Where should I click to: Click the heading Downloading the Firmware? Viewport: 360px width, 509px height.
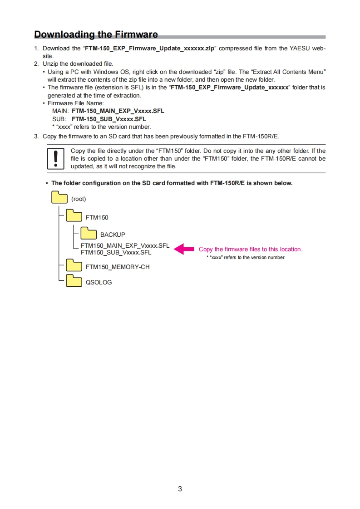(x=96, y=34)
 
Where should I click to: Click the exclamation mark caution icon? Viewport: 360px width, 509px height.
(x=56, y=159)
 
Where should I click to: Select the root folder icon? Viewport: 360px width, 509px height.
(x=59, y=198)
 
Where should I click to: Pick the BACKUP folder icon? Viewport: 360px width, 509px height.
(x=89, y=233)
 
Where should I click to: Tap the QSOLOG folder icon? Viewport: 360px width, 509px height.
(x=74, y=280)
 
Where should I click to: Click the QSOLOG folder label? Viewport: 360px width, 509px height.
(x=99, y=282)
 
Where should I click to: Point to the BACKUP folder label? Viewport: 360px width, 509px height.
(x=113, y=235)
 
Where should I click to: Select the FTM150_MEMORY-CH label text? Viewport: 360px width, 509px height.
(x=118, y=267)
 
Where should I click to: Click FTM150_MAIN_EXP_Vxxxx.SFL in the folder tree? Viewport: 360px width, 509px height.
(x=125, y=246)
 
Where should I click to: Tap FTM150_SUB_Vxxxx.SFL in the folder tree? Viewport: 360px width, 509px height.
(x=116, y=252)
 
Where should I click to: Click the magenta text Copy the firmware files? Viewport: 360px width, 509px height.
(x=250, y=249)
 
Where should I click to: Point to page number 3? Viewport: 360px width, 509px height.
(x=180, y=489)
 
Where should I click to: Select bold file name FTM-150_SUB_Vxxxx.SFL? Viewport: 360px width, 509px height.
(x=109, y=119)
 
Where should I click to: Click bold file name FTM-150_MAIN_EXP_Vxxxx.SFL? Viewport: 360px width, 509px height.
(x=118, y=111)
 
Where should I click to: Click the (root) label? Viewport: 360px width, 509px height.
(x=79, y=199)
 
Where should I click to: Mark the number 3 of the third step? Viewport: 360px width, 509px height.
(x=36, y=136)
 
